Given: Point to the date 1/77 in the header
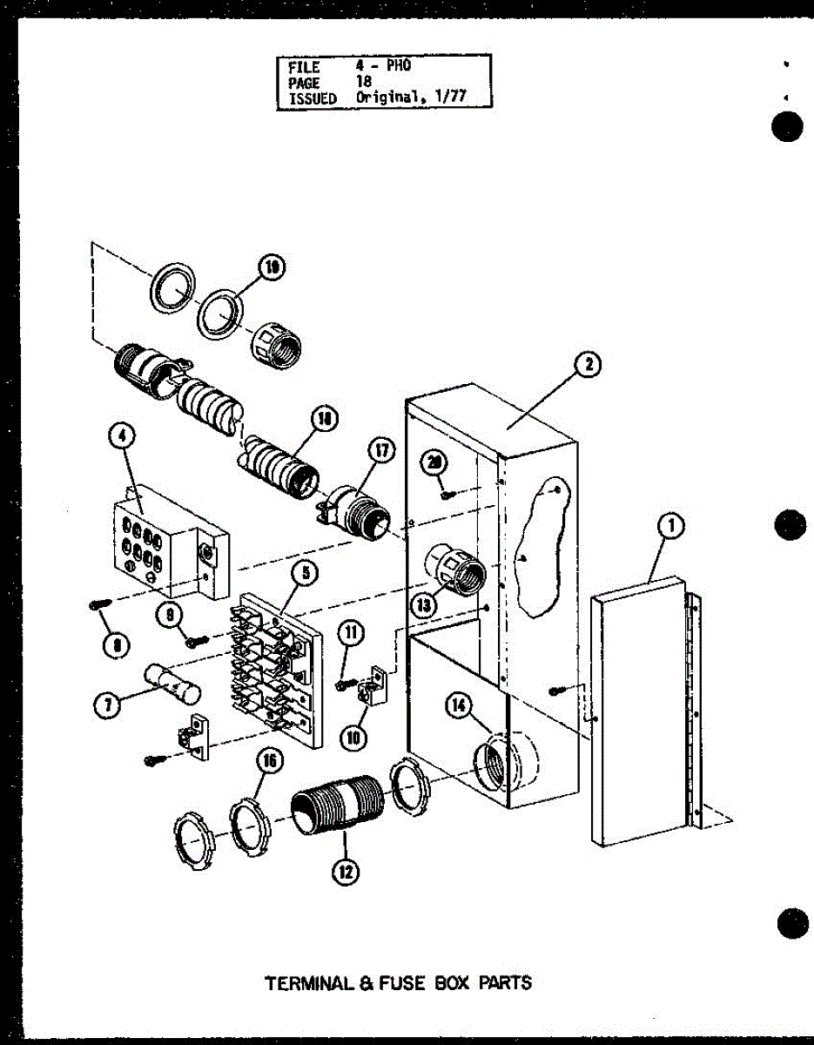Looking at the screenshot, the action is tap(451, 98).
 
